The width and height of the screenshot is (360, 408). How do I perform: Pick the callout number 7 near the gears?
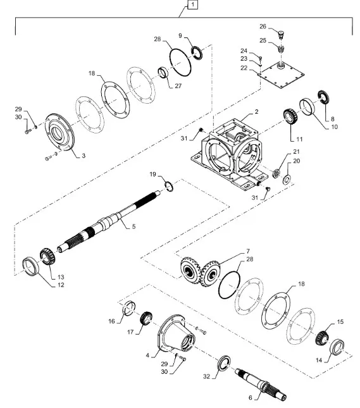coord(249,252)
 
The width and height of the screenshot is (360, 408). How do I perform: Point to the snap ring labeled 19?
coord(168,185)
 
